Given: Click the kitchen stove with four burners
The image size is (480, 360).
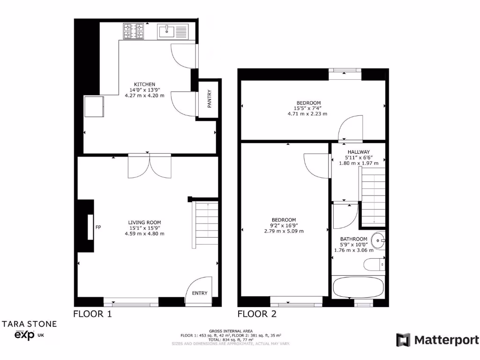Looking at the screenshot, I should (x=133, y=31).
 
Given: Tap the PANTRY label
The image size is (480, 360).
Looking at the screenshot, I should (x=210, y=99).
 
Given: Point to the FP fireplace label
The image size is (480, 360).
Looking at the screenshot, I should (x=98, y=227).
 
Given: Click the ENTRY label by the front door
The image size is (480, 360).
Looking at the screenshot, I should (x=199, y=293).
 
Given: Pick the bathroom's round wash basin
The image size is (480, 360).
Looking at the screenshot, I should (x=378, y=241).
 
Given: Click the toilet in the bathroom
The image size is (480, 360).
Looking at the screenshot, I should (x=374, y=265).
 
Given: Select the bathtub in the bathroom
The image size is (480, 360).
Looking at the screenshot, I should (x=358, y=288).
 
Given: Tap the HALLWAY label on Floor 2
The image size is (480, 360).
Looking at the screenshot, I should (x=359, y=152).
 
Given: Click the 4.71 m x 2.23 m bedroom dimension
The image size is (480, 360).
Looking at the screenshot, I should (x=307, y=114).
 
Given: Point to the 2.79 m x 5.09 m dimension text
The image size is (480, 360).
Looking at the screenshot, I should (x=284, y=231).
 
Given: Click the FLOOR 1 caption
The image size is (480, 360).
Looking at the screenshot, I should (x=92, y=314).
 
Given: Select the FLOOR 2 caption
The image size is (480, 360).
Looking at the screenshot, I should (x=256, y=314).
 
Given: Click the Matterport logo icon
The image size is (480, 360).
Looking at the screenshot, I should (x=403, y=340).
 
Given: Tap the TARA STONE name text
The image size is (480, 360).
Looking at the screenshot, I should (x=30, y=323).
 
